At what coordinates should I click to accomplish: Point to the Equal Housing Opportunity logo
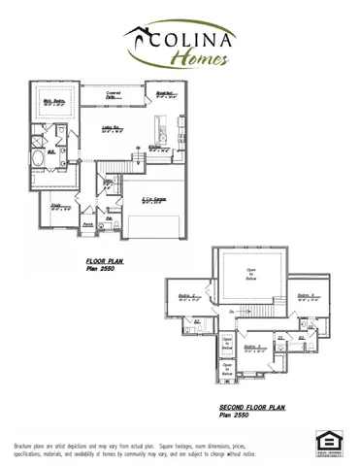[329, 442]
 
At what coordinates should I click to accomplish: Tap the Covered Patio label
[114, 94]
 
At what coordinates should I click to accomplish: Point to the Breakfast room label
[164, 94]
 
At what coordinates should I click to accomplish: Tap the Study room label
[56, 206]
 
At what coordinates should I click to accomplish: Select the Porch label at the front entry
[86, 223]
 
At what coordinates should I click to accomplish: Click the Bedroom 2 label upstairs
[189, 297]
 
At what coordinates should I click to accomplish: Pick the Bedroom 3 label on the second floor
[250, 347]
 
